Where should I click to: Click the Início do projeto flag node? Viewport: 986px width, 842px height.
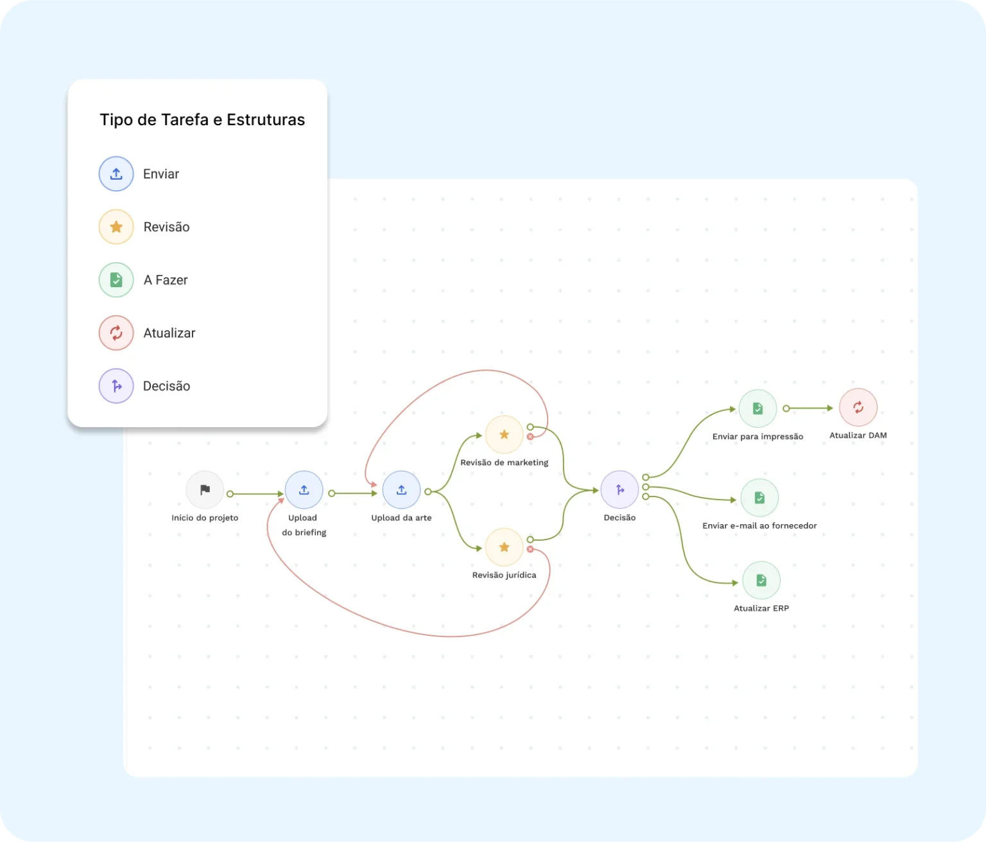pyautogui.click(x=205, y=490)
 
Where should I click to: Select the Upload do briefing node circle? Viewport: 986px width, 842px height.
pyautogui.click(x=304, y=490)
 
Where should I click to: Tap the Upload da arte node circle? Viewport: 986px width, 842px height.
pyautogui.click(x=401, y=490)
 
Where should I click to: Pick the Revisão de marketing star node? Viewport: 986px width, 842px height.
pyautogui.click(x=504, y=435)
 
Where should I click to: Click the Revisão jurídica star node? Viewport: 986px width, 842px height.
pyautogui.click(x=504, y=547)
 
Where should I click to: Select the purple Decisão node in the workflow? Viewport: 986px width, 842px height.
pyautogui.click(x=619, y=490)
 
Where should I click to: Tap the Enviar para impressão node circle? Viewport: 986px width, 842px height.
pyautogui.click(x=757, y=408)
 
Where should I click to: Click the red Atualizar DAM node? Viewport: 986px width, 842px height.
pyautogui.click(x=858, y=407)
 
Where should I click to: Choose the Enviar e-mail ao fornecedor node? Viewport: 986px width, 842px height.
pyautogui.click(x=759, y=498)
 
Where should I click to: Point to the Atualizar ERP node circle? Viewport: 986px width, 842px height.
pyautogui.click(x=761, y=581)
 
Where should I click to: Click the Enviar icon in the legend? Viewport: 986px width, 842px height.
pyautogui.click(x=116, y=174)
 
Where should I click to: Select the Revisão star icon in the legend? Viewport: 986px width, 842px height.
pyautogui.click(x=116, y=227)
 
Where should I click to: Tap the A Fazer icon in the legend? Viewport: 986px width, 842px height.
pyautogui.click(x=116, y=280)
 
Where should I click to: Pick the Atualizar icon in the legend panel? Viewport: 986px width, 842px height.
pyautogui.click(x=116, y=333)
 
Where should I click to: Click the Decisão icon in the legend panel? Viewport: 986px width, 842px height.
pyautogui.click(x=116, y=386)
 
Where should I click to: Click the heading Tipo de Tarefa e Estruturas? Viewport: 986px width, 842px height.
pyautogui.click(x=202, y=120)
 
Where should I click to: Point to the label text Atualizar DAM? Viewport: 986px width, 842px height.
pyautogui.click(x=858, y=435)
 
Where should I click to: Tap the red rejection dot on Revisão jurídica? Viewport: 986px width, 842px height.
pyautogui.click(x=530, y=549)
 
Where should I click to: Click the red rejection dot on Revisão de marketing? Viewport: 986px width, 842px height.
pyautogui.click(x=530, y=437)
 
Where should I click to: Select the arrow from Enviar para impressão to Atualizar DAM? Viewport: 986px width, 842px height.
pyautogui.click(x=810, y=408)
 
